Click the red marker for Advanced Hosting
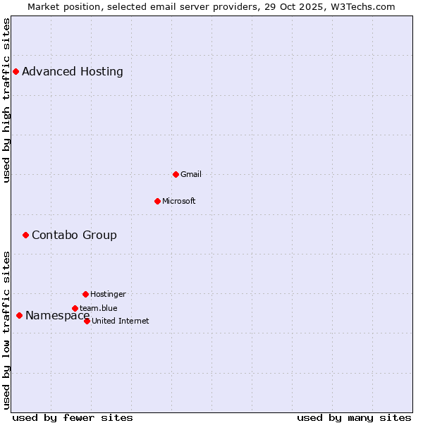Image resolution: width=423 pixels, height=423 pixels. (16, 71)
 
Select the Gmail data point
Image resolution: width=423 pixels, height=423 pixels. (176, 174)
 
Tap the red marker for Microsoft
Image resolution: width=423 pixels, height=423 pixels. (157, 201)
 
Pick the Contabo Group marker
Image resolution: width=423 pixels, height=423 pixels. (25, 235)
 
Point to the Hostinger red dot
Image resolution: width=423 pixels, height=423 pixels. (85, 294)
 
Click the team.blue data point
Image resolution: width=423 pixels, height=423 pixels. (75, 308)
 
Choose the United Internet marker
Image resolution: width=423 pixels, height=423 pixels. (87, 321)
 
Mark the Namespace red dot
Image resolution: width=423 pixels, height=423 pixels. (19, 315)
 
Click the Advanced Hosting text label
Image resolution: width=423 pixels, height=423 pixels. (73, 71)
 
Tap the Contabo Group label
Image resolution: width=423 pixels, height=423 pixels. (74, 235)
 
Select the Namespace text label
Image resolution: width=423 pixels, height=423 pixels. (57, 315)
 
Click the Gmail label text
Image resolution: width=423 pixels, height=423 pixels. (191, 174)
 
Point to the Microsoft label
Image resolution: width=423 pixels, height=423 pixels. (179, 201)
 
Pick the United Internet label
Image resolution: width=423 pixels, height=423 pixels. (121, 321)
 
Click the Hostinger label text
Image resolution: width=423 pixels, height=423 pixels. (108, 294)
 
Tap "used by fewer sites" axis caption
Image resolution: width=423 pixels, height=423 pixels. (73, 417)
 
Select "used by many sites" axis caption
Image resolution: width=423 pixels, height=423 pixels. (354, 417)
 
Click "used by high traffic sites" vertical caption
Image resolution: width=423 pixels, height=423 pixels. (6, 100)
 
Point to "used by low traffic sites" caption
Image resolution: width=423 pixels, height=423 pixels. (6, 329)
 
